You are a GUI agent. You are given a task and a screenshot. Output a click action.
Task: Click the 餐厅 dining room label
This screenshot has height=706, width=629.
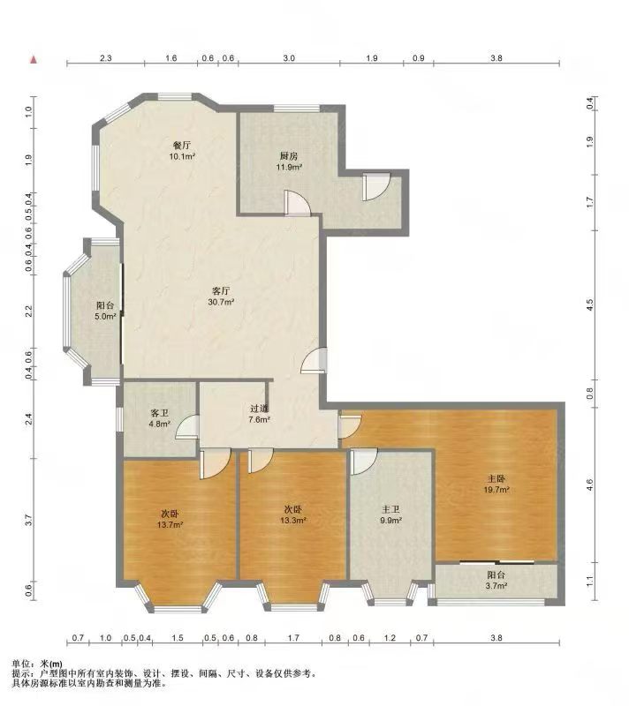click(x=182, y=146)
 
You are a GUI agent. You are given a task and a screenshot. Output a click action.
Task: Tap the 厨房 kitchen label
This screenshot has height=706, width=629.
click(x=288, y=156)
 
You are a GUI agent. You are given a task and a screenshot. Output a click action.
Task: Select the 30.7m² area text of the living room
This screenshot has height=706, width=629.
click(x=221, y=302)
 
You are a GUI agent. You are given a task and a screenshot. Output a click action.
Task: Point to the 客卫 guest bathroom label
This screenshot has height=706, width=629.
click(x=160, y=413)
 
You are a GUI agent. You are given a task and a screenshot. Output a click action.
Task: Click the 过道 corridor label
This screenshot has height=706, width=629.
click(x=259, y=409)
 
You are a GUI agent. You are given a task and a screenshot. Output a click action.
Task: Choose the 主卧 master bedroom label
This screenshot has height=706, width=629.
click(x=496, y=479)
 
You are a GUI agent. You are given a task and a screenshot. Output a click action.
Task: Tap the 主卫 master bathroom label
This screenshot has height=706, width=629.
click(x=390, y=510)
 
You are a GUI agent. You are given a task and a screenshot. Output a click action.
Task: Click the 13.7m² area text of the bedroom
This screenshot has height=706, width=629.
click(x=170, y=524)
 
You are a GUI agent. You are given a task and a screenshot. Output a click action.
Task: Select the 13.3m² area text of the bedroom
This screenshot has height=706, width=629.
click(x=293, y=521)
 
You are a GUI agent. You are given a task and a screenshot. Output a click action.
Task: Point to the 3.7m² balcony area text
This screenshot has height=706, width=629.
click(x=496, y=586)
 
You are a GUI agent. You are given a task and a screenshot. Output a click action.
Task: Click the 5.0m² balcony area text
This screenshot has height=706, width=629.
click(x=105, y=316)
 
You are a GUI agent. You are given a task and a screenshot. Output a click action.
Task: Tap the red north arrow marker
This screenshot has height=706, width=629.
click(x=34, y=60)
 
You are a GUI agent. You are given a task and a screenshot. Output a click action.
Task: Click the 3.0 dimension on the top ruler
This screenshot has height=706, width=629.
click(x=289, y=58)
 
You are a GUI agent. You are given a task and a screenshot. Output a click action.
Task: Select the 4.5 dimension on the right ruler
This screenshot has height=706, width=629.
click(x=590, y=305)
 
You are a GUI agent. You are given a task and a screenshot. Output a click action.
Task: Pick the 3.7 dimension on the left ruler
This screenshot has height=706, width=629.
click(x=29, y=520)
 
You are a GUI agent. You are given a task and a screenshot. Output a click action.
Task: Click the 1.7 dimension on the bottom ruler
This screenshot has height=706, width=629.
click(x=293, y=637)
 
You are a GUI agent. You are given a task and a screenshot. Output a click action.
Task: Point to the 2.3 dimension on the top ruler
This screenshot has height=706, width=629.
click(x=105, y=58)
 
